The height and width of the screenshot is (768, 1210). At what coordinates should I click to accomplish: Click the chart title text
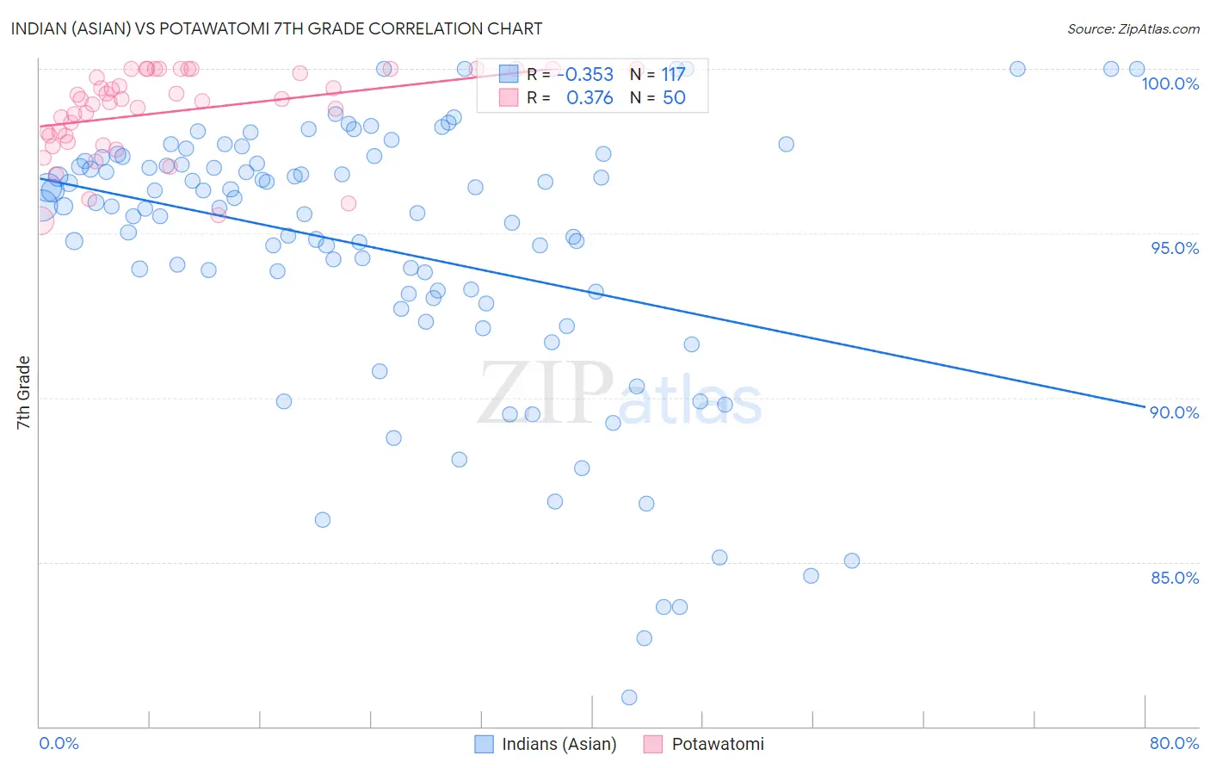[x=277, y=28]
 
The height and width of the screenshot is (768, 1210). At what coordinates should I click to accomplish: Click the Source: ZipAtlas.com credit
[x=1133, y=28]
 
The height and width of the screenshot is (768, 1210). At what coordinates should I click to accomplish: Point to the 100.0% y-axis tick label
[x=1170, y=84]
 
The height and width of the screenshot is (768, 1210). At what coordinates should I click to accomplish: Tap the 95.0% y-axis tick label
[x=1175, y=248]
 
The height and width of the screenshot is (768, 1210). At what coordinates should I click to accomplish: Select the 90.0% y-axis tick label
[x=1175, y=412]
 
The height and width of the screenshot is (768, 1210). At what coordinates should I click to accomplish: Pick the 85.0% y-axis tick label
[x=1175, y=578]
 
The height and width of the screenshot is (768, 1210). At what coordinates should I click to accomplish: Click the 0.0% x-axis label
[x=59, y=743]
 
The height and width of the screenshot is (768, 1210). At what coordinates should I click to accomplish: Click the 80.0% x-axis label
[x=1174, y=743]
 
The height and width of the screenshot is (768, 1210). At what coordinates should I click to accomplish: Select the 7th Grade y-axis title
[x=23, y=393]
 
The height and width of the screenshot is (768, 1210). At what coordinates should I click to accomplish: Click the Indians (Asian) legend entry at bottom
[x=546, y=744]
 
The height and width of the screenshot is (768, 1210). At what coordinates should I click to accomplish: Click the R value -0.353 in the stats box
[x=585, y=75]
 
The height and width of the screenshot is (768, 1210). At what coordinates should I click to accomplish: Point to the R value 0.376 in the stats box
[x=590, y=98]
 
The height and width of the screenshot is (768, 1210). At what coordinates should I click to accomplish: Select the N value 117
[x=673, y=75]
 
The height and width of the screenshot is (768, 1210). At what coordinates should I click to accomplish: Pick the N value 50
[x=674, y=98]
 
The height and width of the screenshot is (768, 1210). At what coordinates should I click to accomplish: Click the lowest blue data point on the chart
[x=629, y=697]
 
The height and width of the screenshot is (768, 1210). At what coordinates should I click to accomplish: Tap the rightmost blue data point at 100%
[x=1137, y=69]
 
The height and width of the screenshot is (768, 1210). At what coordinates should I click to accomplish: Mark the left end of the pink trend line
[x=40, y=127]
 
